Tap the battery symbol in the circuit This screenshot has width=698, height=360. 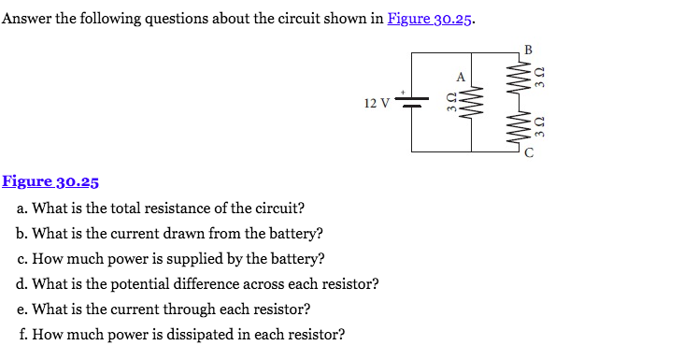point(413,101)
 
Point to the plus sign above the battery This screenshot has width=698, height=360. point(404,92)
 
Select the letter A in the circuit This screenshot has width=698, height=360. point(459,77)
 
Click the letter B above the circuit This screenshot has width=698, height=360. point(528,49)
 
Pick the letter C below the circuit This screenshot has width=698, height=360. point(529,154)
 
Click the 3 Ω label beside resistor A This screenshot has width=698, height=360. point(451,102)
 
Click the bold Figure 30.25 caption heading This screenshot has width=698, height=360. point(50,182)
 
